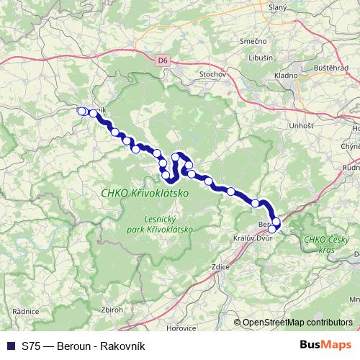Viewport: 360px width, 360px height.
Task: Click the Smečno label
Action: coord(258,42)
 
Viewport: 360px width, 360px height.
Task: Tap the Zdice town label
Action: coord(220,267)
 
